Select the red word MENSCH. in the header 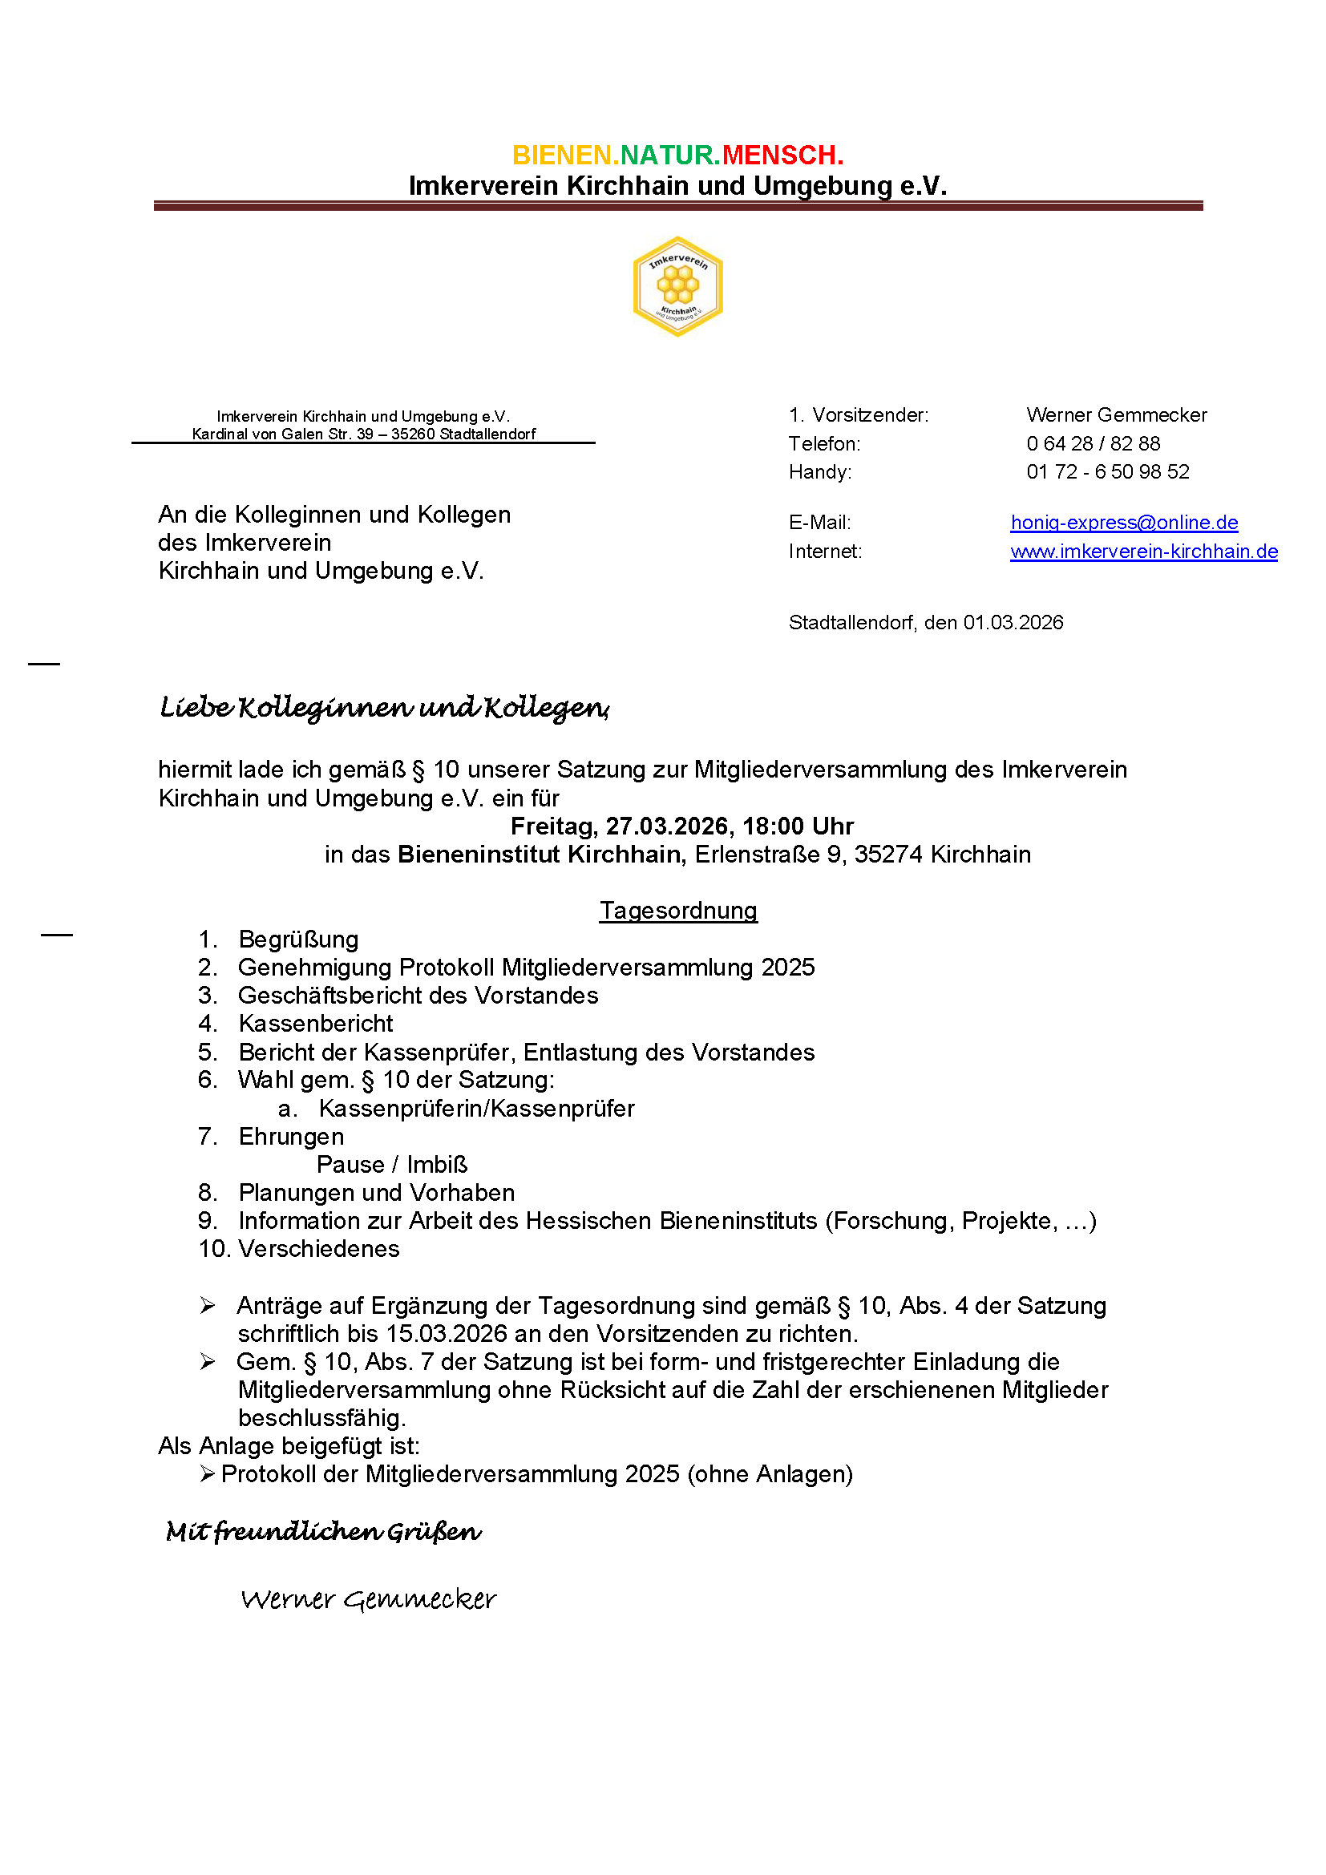(782, 156)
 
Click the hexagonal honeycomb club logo (677, 287)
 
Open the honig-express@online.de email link (1123, 523)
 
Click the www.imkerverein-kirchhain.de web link (1143, 552)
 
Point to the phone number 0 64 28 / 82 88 (1093, 443)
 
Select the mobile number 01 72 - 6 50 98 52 (1107, 472)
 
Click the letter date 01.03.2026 (1013, 623)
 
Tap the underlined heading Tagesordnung (677, 911)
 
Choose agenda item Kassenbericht (315, 1024)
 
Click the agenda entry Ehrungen (291, 1137)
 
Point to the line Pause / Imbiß (392, 1166)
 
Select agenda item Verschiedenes (318, 1250)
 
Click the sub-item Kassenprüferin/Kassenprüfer (476, 1109)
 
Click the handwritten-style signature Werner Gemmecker (368, 1599)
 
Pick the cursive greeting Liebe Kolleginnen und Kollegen (384, 707)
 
